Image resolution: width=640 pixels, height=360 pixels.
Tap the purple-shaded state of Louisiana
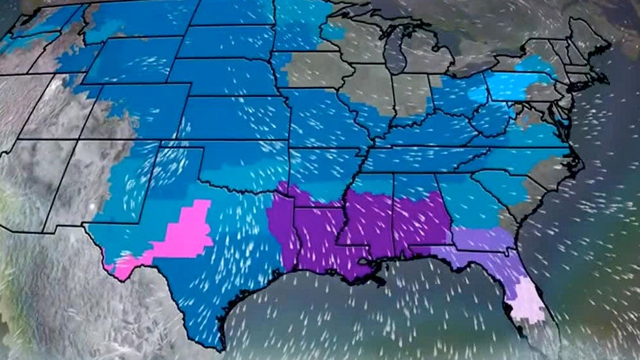(318, 234)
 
